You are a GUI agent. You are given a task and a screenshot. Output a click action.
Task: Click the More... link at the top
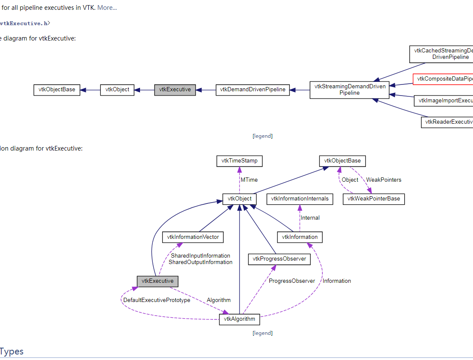[x=107, y=7]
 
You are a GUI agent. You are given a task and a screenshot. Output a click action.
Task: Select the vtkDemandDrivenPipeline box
[x=252, y=90]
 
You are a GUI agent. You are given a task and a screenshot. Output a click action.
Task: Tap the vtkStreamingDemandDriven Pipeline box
[x=350, y=90]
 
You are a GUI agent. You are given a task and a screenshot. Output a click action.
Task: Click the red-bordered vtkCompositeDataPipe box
[x=443, y=79]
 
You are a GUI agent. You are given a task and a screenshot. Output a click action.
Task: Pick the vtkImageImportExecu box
[x=444, y=101]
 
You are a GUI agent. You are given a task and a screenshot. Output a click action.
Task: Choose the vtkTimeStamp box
[x=239, y=161]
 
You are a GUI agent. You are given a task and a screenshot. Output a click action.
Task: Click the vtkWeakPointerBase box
[x=374, y=199]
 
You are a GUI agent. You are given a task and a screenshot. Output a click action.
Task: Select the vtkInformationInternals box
[x=299, y=199]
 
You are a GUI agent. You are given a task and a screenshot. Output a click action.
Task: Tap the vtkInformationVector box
[x=193, y=237]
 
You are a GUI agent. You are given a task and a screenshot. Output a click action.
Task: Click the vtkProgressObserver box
[x=279, y=258]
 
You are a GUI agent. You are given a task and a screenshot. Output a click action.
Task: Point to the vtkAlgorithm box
[x=239, y=319]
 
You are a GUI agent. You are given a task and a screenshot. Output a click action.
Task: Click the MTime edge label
[x=249, y=180]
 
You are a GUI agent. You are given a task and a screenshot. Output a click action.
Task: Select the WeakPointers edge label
[x=384, y=180]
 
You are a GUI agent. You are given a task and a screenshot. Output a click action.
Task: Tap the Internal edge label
[x=310, y=218]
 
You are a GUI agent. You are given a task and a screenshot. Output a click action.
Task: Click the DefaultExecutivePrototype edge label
[x=157, y=300]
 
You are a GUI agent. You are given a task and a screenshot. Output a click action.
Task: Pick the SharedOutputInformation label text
[x=200, y=262]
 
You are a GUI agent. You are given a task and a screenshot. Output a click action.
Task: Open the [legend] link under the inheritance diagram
[x=262, y=136]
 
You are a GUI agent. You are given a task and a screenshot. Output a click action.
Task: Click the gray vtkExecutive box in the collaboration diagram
[x=157, y=281]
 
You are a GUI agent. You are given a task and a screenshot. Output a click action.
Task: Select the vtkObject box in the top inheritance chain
[x=117, y=90]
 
